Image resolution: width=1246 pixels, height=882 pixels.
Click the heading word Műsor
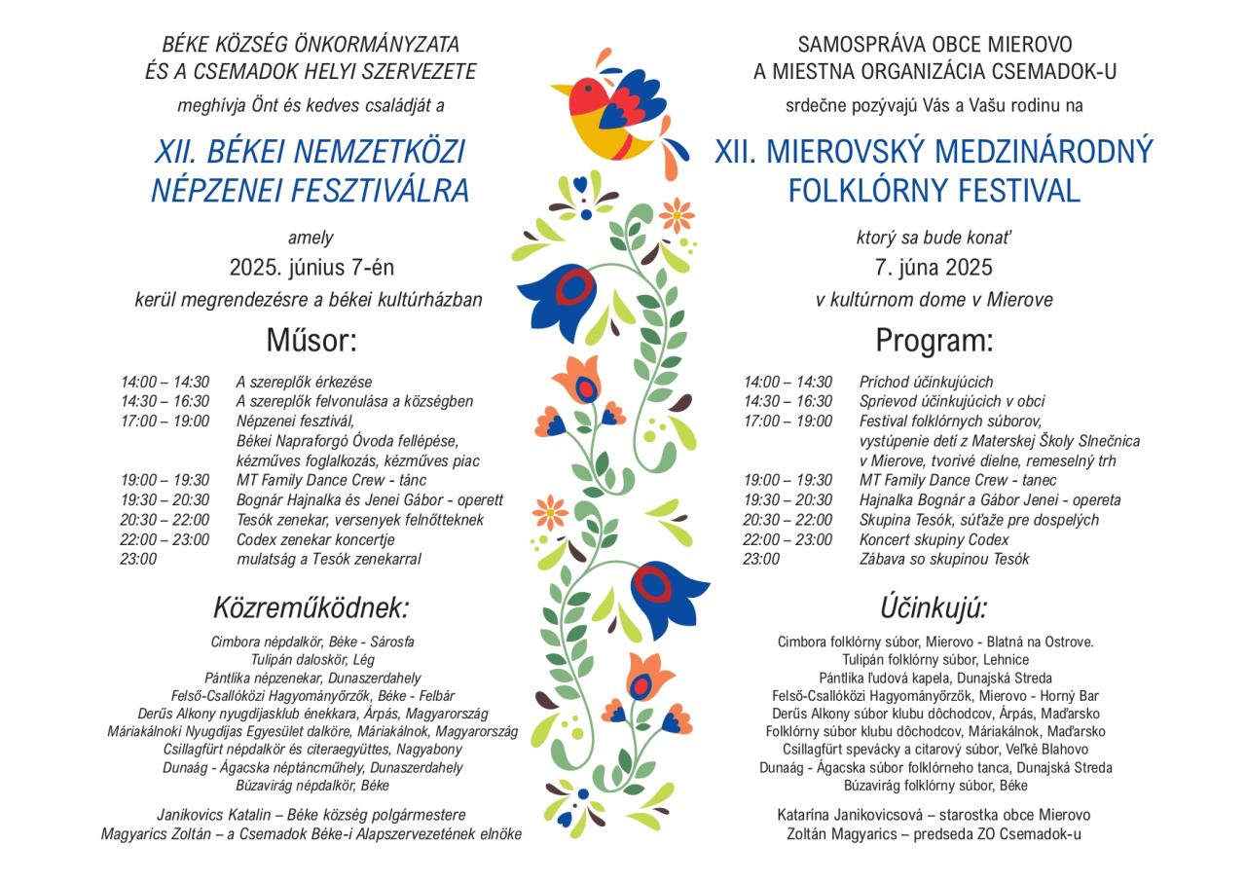[311, 341]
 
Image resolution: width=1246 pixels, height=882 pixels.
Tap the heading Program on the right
[934, 341]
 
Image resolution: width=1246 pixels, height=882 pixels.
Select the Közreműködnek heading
[311, 608]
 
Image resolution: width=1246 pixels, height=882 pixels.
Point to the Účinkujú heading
[934, 608]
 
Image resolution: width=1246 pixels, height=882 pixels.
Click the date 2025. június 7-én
[311, 268]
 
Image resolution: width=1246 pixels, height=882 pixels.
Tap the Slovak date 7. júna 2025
[934, 268]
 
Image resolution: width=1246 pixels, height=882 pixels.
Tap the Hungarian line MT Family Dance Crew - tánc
[331, 480]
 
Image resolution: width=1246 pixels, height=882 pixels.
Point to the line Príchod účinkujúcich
[926, 382]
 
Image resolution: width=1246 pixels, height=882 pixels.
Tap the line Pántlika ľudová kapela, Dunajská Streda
[934, 678]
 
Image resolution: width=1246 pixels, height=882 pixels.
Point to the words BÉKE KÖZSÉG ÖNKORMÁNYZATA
[311, 45]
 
